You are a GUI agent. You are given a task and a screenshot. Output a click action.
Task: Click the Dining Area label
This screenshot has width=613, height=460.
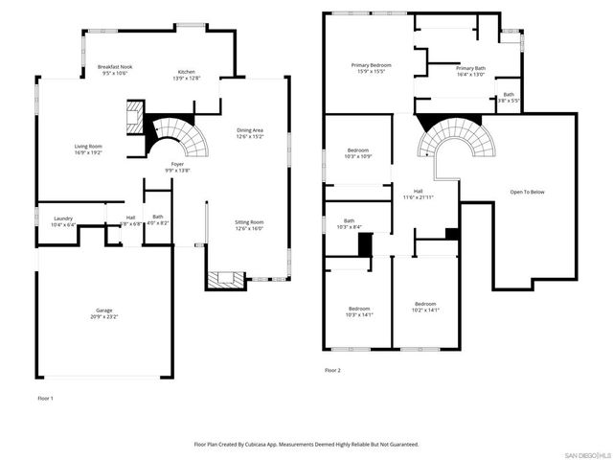coord(250,132)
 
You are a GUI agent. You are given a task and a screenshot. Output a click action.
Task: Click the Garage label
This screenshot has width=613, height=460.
coord(103,310)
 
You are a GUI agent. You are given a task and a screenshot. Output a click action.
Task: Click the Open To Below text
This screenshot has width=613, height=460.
coord(527,192)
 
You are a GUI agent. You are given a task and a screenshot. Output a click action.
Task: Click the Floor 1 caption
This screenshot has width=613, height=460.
coord(46,397)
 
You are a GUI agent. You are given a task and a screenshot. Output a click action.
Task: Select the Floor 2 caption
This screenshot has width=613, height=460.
coord(332,369)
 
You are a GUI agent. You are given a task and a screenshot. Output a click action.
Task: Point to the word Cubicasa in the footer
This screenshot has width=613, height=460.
coord(274,445)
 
